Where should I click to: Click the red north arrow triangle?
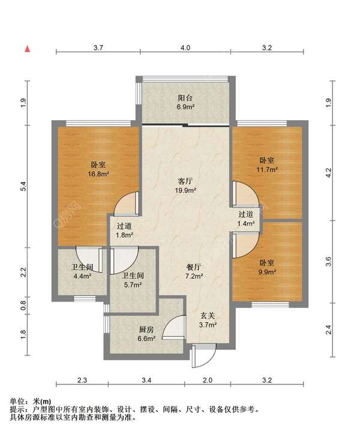tap(27, 49)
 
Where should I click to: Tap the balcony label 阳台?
tap(185, 98)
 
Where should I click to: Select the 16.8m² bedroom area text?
tap(98, 174)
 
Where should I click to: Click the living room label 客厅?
tap(185, 181)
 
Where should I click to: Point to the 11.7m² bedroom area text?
tap(267, 169)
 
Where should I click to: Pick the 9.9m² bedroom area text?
tap(267, 271)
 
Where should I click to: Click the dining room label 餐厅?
tap(194, 267)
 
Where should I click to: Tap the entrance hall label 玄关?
tap(208, 316)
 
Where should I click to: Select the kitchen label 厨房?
tap(146, 330)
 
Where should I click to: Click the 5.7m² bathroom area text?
tap(133, 285)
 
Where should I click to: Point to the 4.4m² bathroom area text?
tap(83, 276)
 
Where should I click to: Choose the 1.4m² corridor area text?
tap(246, 223)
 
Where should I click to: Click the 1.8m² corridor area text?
tap(124, 235)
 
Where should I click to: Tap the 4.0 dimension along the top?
tap(185, 48)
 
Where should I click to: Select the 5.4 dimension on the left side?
tap(23, 186)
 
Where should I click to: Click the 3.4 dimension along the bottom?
tap(146, 380)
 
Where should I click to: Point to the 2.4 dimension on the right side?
tap(329, 330)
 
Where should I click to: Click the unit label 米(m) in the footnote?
tap(42, 401)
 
